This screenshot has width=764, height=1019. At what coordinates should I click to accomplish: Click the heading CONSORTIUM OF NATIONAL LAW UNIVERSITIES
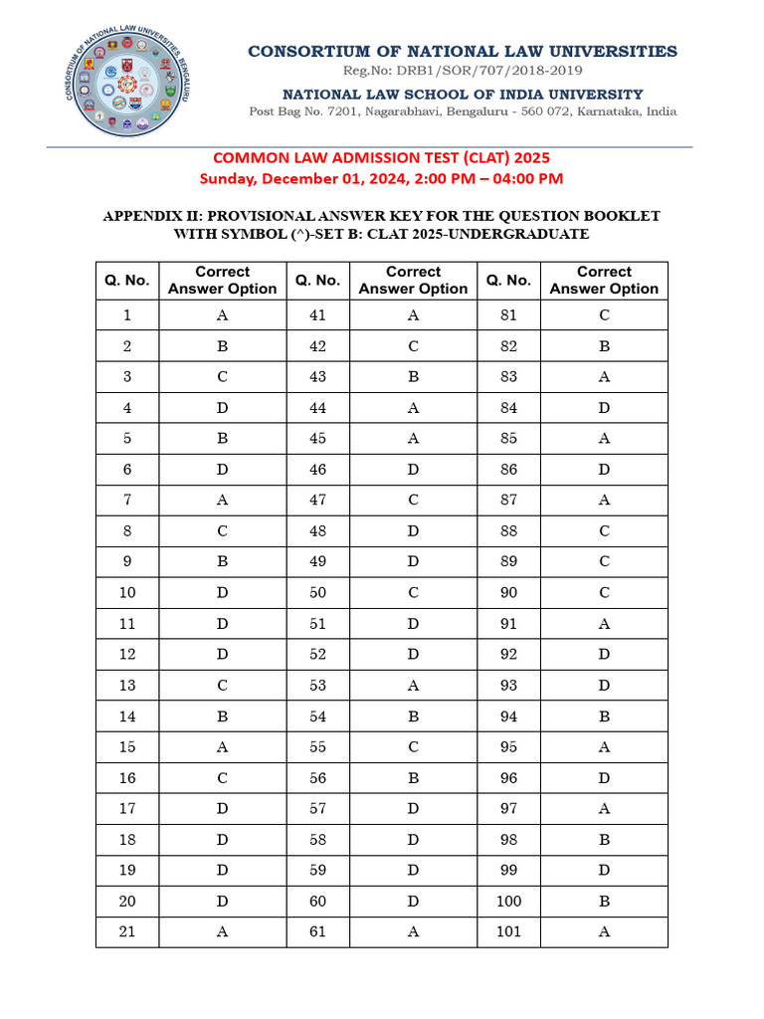pos(463,51)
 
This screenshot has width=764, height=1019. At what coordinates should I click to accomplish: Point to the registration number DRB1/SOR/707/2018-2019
pos(463,71)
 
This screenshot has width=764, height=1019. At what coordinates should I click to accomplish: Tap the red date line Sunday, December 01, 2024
pos(381,179)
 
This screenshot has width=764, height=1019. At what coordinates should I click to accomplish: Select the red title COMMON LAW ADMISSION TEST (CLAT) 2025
pos(381,158)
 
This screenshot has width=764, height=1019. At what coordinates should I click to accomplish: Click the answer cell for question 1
pos(223,315)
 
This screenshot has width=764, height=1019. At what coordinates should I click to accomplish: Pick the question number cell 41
pos(317,315)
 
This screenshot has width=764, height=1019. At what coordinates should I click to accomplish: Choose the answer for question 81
pos(604,315)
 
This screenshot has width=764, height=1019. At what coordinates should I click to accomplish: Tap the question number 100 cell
pos(508,902)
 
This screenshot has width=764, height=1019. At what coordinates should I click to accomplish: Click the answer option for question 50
pos(413,593)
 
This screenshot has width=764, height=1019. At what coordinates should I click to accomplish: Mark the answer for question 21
pos(223,932)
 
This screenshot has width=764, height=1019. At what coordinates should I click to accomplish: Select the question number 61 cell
pos(317,932)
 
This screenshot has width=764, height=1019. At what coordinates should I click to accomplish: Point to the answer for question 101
pos(604,932)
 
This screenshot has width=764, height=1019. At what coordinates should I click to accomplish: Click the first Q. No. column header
pos(127,281)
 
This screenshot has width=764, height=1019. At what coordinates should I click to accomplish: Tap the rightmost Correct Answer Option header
pos(604,281)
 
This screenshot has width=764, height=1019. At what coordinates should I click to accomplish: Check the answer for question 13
pos(223,686)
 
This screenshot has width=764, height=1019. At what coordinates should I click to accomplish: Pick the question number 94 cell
pos(508,716)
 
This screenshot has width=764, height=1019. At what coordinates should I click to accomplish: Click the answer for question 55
pos(413,747)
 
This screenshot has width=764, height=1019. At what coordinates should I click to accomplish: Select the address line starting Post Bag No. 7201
pos(463,111)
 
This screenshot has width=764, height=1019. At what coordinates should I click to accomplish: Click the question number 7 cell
pos(127,501)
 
